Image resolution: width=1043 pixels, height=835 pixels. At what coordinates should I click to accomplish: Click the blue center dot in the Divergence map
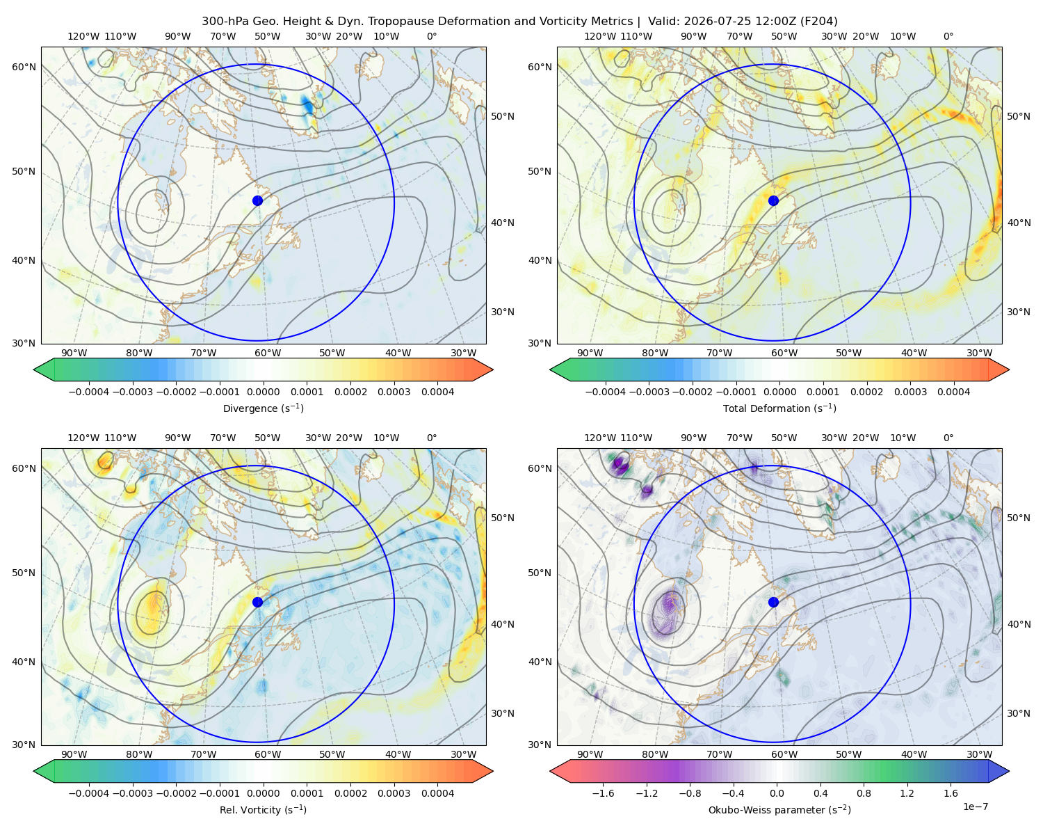pyautogui.click(x=257, y=200)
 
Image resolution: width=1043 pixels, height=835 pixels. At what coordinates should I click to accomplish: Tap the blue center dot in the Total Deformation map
pyautogui.click(x=773, y=200)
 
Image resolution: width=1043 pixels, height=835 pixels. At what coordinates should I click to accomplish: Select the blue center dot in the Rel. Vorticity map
pyautogui.click(x=257, y=602)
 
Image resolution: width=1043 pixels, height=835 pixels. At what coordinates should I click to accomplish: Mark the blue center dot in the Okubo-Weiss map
pyautogui.click(x=773, y=602)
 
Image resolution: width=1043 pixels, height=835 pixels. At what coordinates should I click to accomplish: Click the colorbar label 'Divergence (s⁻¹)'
pyautogui.click(x=263, y=408)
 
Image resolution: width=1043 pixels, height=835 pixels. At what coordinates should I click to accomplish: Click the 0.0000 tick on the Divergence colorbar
pyautogui.click(x=263, y=392)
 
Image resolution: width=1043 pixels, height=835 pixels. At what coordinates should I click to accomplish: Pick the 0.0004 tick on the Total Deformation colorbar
pyautogui.click(x=953, y=392)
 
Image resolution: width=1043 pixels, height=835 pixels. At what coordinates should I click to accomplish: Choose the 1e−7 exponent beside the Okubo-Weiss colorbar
pyautogui.click(x=975, y=806)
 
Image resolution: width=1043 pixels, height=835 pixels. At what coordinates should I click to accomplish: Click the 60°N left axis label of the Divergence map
pyautogui.click(x=24, y=67)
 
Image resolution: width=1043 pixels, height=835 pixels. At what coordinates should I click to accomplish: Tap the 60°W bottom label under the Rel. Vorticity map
pyautogui.click(x=268, y=754)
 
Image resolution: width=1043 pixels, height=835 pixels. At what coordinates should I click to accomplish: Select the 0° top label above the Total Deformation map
pyautogui.click(x=948, y=36)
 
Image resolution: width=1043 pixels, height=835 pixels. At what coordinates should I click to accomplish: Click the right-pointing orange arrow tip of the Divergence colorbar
pyautogui.click(x=492, y=369)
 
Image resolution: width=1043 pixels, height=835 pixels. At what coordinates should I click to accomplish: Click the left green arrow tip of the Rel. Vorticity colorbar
pyautogui.click(x=35, y=771)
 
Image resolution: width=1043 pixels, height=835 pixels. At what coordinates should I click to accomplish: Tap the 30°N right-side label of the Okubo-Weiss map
pyautogui.click(x=1019, y=713)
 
